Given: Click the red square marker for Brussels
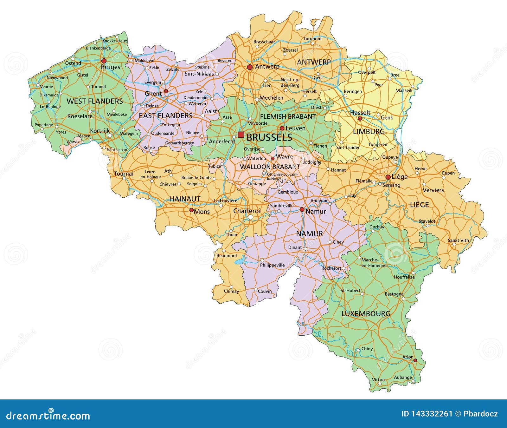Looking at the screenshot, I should point(241,135).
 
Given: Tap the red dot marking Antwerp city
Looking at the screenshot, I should point(250,67).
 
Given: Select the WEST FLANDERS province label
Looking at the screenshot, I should point(94,101).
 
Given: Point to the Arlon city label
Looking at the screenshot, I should point(408,357).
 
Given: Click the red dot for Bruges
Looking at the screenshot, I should point(104,61).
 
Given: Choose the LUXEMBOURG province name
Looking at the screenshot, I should point(366,314).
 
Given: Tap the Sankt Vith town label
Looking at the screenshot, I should point(458,240).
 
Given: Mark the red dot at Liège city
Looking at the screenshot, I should point(388,177).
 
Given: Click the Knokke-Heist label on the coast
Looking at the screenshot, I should point(115,41).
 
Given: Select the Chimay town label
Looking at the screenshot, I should point(231,291).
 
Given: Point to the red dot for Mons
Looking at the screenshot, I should point(191,210).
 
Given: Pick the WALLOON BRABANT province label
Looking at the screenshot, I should point(270,167).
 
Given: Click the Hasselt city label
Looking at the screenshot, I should point(360,113).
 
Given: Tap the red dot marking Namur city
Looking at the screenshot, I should point(302,210).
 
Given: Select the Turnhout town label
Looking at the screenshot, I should point(313,39).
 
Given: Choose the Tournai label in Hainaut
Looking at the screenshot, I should point(124,174).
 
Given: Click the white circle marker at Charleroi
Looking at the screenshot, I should point(251,217).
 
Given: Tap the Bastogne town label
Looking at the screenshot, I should point(394,294).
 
